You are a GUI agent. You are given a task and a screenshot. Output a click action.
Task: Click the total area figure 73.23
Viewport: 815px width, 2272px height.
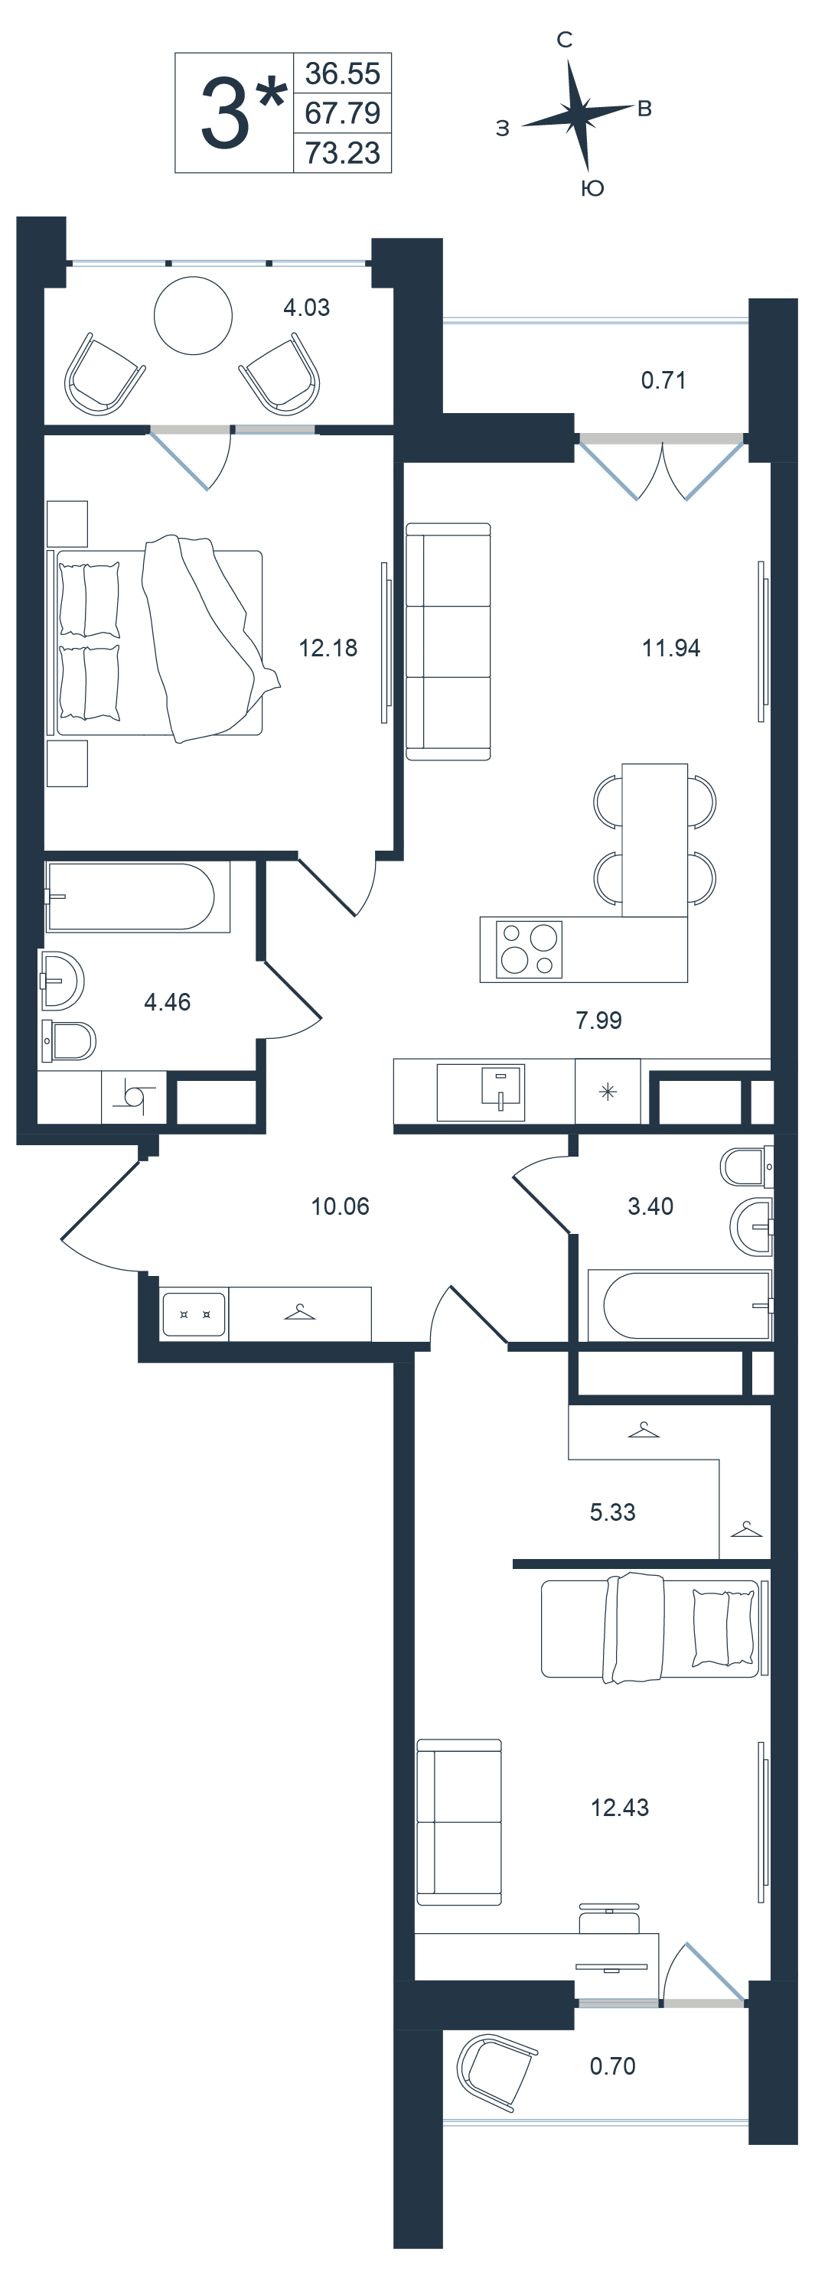pyautogui.click(x=342, y=152)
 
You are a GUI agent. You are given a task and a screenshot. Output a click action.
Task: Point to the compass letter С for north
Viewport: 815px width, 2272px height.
pyautogui.click(x=565, y=40)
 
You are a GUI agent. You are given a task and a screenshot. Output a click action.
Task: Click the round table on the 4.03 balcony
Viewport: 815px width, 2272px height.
pyautogui.click(x=193, y=315)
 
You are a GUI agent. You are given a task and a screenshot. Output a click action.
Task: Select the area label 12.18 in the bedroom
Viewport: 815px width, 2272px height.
pyautogui.click(x=328, y=647)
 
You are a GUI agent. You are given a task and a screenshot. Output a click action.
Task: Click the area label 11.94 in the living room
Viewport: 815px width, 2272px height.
pyautogui.click(x=671, y=647)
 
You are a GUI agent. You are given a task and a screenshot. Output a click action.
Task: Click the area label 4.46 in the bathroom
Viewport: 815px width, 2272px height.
pyautogui.click(x=168, y=1002)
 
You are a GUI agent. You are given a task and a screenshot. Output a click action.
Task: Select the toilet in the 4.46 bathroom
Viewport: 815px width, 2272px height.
pyautogui.click(x=69, y=1040)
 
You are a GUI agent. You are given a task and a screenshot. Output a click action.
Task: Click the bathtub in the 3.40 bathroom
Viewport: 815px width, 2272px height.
pyautogui.click(x=680, y=1304)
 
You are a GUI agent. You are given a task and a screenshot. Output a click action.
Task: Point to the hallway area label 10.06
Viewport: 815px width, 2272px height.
pyautogui.click(x=340, y=1206)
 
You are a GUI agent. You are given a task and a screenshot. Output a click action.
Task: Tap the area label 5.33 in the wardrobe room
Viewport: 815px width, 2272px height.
pyautogui.click(x=612, y=1512)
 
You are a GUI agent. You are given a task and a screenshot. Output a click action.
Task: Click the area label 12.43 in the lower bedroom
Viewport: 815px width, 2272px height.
pyautogui.click(x=619, y=1807)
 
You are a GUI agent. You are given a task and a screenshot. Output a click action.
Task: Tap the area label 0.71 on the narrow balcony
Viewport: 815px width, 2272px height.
pyautogui.click(x=663, y=380)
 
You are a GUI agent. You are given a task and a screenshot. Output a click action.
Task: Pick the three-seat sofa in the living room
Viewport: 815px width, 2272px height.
pyautogui.click(x=448, y=641)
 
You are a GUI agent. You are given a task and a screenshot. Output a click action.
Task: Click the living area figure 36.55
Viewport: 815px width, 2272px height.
pyautogui.click(x=342, y=73)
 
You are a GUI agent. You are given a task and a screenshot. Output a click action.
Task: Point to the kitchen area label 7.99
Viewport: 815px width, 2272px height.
pyautogui.click(x=599, y=1020)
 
